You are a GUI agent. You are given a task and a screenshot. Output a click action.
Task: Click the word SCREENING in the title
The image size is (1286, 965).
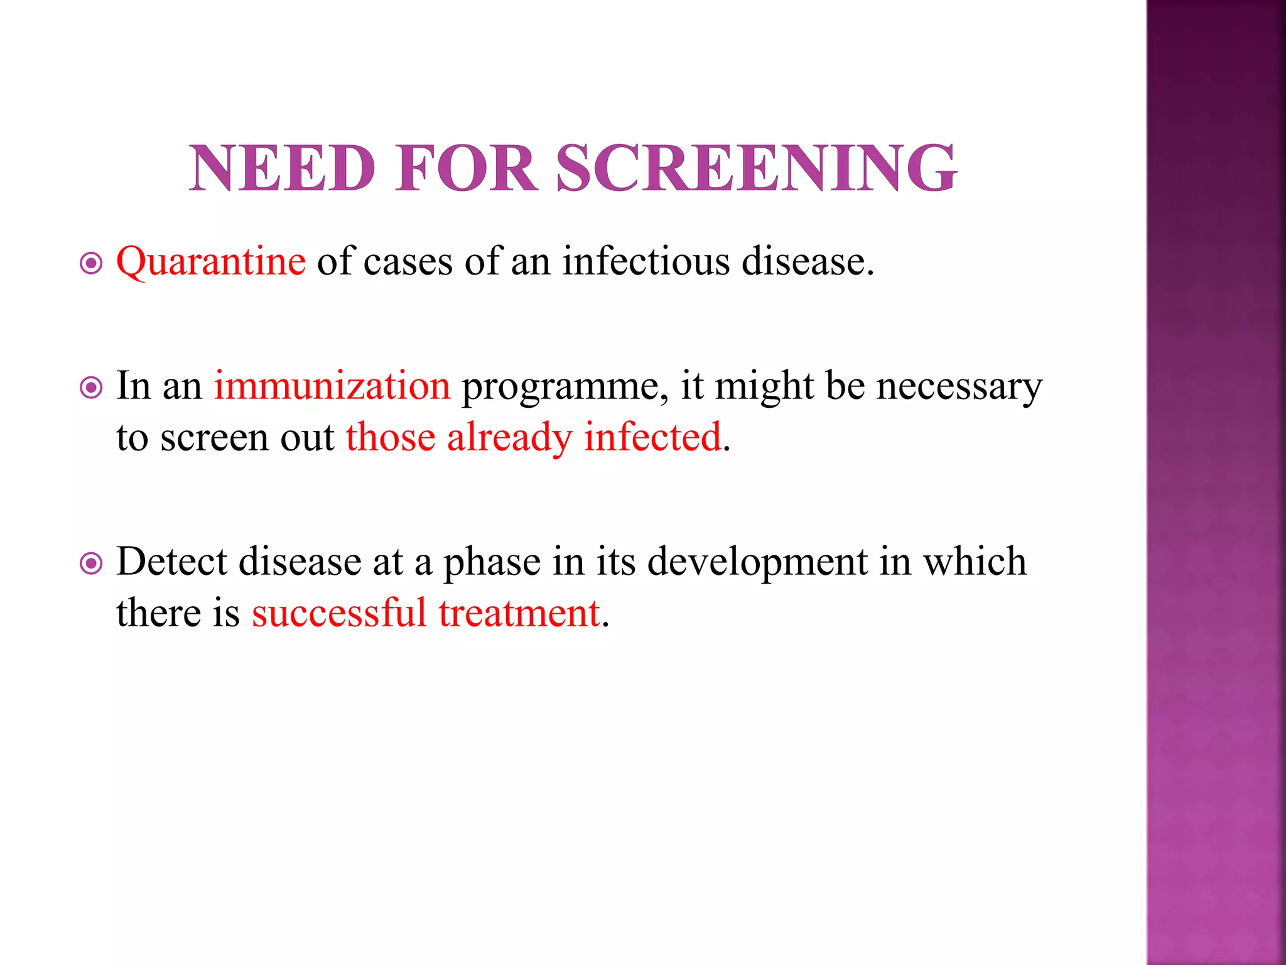coord(756,168)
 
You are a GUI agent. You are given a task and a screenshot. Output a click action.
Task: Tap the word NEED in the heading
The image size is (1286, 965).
coord(283,168)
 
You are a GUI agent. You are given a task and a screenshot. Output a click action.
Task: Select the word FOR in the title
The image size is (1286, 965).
coord(467,168)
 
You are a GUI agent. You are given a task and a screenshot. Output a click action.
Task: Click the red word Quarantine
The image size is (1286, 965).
coord(211,261)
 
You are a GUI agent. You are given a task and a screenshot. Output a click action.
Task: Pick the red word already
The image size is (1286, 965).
coord(509,439)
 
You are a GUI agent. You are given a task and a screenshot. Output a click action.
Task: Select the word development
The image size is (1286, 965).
coord(757,563)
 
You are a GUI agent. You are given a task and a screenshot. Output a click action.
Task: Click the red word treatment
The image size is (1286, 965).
coord(519,614)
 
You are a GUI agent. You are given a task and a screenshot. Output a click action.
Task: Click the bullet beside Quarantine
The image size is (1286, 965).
coord(92,263)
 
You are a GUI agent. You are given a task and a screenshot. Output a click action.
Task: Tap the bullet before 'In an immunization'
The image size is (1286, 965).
coord(92,388)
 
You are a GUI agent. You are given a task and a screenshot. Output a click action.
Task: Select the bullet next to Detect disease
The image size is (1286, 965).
coord(92,564)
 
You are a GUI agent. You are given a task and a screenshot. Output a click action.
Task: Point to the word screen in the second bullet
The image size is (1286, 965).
coord(214,439)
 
